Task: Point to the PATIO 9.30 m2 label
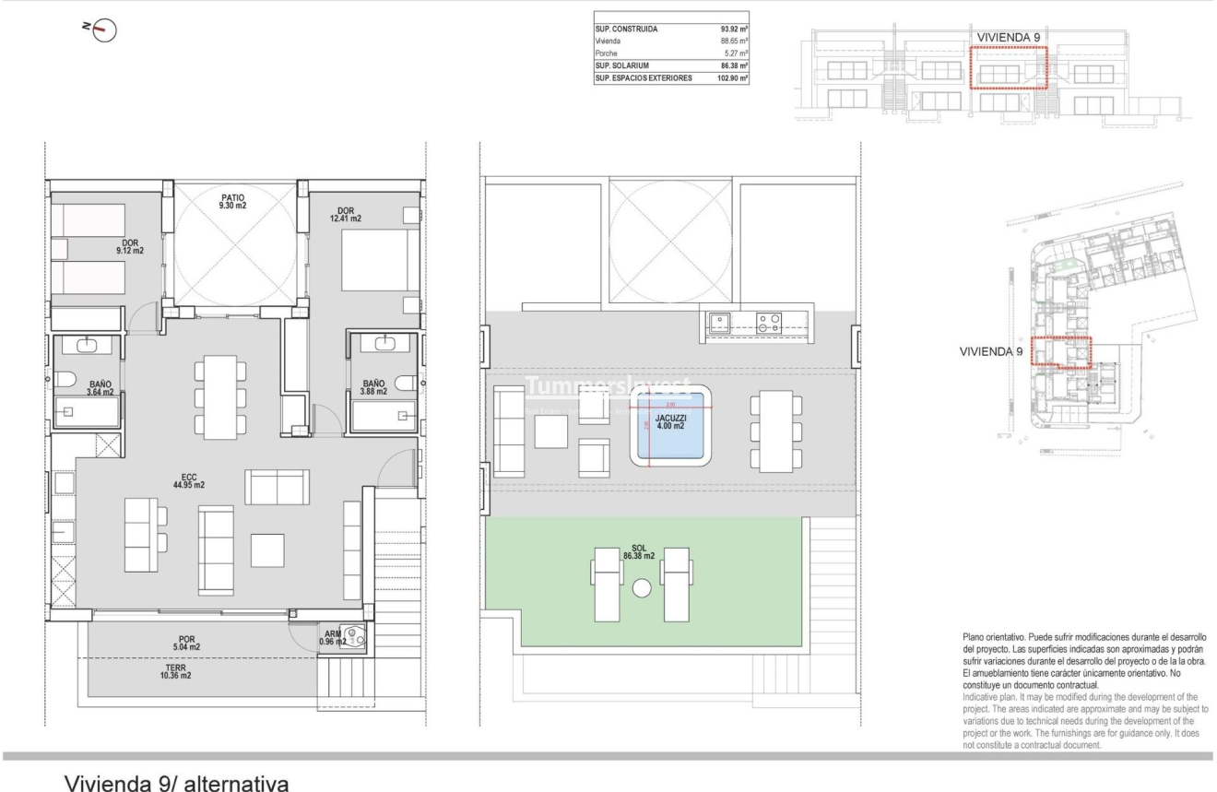tap(232, 202)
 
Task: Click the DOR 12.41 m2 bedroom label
tap(346, 214)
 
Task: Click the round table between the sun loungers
tap(642, 588)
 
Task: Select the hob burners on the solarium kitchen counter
tap(768, 323)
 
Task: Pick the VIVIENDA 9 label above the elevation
tap(1009, 37)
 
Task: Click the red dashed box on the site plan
tap(1060, 352)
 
